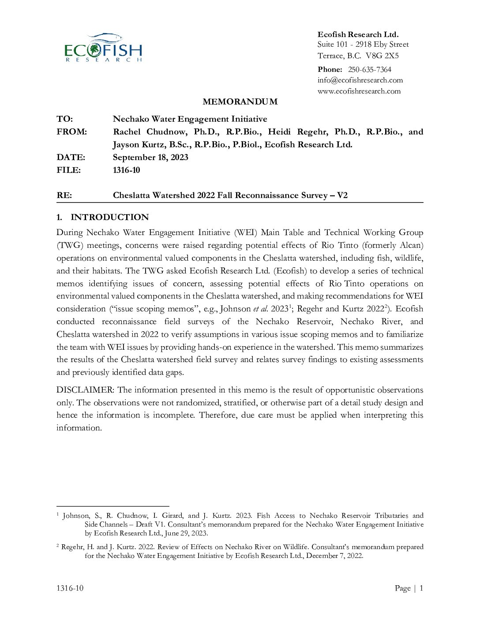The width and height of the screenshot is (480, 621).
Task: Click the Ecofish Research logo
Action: coord(103,48)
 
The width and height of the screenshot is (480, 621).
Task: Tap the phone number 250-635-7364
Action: coord(369,69)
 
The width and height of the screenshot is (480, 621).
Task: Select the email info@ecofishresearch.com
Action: coord(360,80)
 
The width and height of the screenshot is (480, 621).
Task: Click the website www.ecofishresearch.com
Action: coord(359,91)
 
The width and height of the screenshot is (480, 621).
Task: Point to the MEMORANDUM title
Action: coord(240,102)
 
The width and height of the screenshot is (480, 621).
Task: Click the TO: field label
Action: coord(65,119)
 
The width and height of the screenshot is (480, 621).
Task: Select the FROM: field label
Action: coord(72,132)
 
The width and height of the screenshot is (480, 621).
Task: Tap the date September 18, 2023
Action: coord(150,157)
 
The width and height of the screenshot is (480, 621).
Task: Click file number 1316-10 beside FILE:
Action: coord(126,170)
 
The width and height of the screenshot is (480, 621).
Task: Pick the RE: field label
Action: coord(64,195)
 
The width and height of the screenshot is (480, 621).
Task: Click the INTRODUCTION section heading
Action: coord(109,217)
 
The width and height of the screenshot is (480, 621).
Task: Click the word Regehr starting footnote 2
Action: coord(73,547)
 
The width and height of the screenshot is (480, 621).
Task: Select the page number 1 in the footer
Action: coord(421,588)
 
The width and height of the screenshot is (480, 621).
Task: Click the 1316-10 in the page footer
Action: coord(70,588)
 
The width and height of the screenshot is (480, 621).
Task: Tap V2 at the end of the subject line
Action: coord(342,195)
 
